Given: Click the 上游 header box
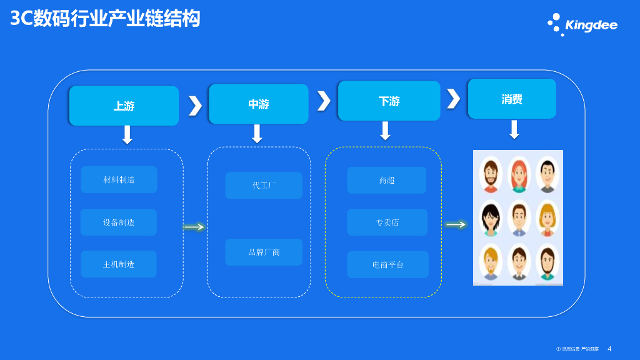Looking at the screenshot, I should coord(124,106).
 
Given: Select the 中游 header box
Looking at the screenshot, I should coord(258,104).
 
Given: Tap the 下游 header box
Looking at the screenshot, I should coord(388,101).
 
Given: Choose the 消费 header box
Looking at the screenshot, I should coord(512,99).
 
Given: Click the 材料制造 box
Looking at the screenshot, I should coord(119,179).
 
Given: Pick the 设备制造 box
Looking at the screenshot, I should coord(119,222).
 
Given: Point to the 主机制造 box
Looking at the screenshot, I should coord(119,264).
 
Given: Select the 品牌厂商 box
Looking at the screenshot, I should coord(264,252).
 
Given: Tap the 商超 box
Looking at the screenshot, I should coord(386,180).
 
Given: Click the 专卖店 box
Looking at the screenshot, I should coord(387,222).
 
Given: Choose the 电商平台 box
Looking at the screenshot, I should coord(387,264).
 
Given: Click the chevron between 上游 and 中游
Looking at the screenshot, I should coord(195,106).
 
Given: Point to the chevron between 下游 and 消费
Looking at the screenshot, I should coord(453,99).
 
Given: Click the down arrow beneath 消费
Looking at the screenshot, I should coord(514,129).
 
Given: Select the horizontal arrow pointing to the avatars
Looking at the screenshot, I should coord(456,224).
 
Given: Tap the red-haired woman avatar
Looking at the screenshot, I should coord(519,174).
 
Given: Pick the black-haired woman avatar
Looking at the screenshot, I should coord(491,218).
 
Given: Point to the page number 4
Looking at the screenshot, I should coord(609,349).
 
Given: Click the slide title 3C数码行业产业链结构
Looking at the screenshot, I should coord(105,19).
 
